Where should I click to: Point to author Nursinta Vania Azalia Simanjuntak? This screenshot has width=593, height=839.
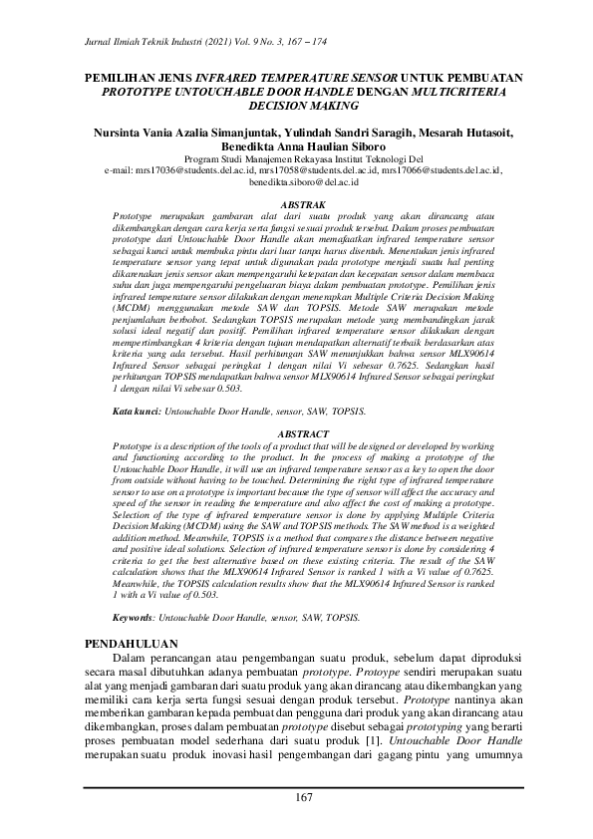coord(181,131)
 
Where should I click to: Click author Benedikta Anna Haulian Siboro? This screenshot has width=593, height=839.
coord(296,143)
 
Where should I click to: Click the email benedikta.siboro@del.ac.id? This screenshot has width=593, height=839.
coord(296,182)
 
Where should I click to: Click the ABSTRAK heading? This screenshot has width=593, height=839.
coord(296,203)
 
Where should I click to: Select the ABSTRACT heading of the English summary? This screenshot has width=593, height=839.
coord(296,462)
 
